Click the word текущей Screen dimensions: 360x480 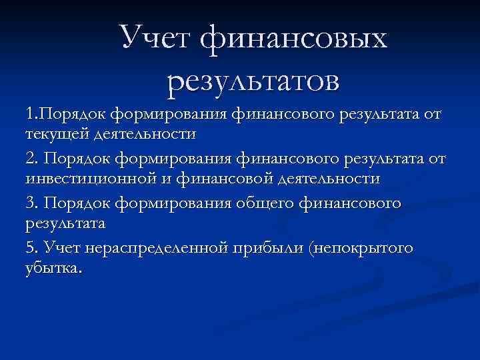click(x=52, y=135)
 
